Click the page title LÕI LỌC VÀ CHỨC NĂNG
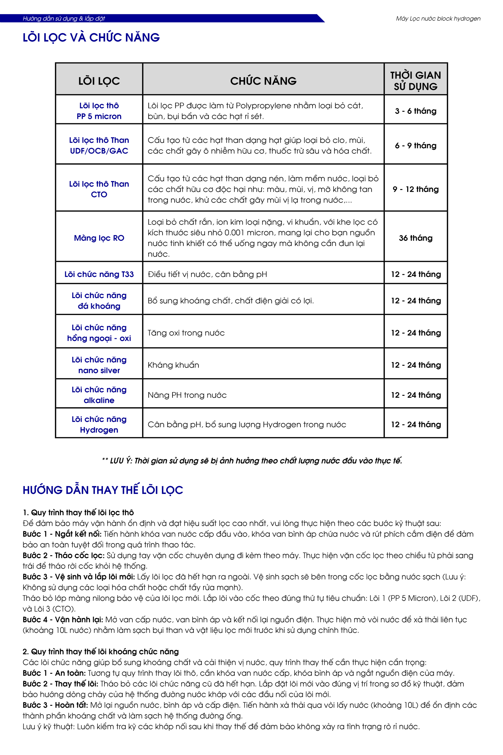[x=91, y=37]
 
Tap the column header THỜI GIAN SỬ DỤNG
[x=415, y=81]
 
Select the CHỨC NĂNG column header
[x=263, y=81]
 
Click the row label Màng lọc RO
[x=99, y=238]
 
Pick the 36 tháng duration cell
[x=415, y=238]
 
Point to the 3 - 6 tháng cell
[x=415, y=111]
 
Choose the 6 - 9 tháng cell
[x=415, y=146]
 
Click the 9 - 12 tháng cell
[x=415, y=189]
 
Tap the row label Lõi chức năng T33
[x=99, y=274]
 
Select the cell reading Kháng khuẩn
[x=173, y=365]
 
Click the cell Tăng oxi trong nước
[x=186, y=333]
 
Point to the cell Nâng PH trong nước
[x=187, y=395]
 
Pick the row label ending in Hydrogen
[x=99, y=424]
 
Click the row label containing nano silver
[x=99, y=365]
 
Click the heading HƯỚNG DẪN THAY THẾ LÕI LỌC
[x=103, y=490]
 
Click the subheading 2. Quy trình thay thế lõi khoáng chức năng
[x=101, y=651]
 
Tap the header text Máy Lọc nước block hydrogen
[x=438, y=19]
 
